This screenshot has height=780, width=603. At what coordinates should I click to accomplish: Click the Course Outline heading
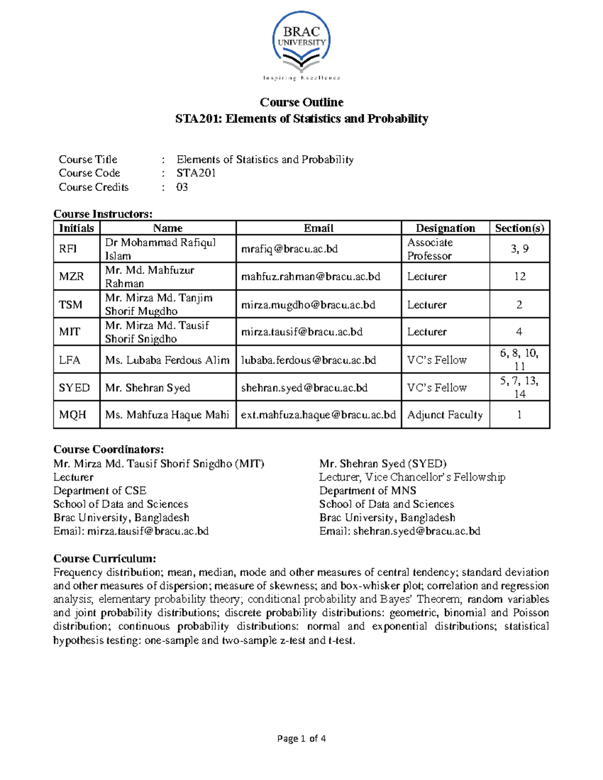[301, 102]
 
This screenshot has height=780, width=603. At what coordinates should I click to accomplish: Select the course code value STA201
[196, 173]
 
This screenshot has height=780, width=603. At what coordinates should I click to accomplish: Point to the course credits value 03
[182, 187]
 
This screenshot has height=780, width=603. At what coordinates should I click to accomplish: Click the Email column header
[319, 228]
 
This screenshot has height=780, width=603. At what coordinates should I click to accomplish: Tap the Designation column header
[445, 228]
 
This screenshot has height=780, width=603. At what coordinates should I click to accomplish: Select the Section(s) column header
[520, 228]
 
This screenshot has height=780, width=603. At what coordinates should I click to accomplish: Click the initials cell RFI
[68, 249]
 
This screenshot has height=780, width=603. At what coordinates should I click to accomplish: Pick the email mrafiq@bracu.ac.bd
[289, 249]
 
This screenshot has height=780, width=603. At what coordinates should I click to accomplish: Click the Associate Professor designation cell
[430, 249]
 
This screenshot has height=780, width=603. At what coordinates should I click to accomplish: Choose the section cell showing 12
[520, 277]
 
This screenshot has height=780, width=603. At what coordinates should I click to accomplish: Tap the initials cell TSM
[70, 305]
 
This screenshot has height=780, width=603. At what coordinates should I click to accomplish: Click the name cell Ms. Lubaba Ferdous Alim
[167, 360]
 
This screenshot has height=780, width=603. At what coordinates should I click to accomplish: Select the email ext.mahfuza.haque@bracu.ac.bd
[319, 415]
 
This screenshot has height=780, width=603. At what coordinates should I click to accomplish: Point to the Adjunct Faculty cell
[445, 415]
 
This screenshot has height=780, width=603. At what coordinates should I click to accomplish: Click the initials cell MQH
[72, 415]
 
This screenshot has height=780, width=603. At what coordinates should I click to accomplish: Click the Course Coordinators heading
[109, 450]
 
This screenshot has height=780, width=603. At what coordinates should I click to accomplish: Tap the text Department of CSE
[99, 491]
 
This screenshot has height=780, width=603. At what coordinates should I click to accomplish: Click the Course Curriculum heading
[105, 559]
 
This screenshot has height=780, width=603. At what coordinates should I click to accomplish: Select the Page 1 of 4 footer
[301, 738]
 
